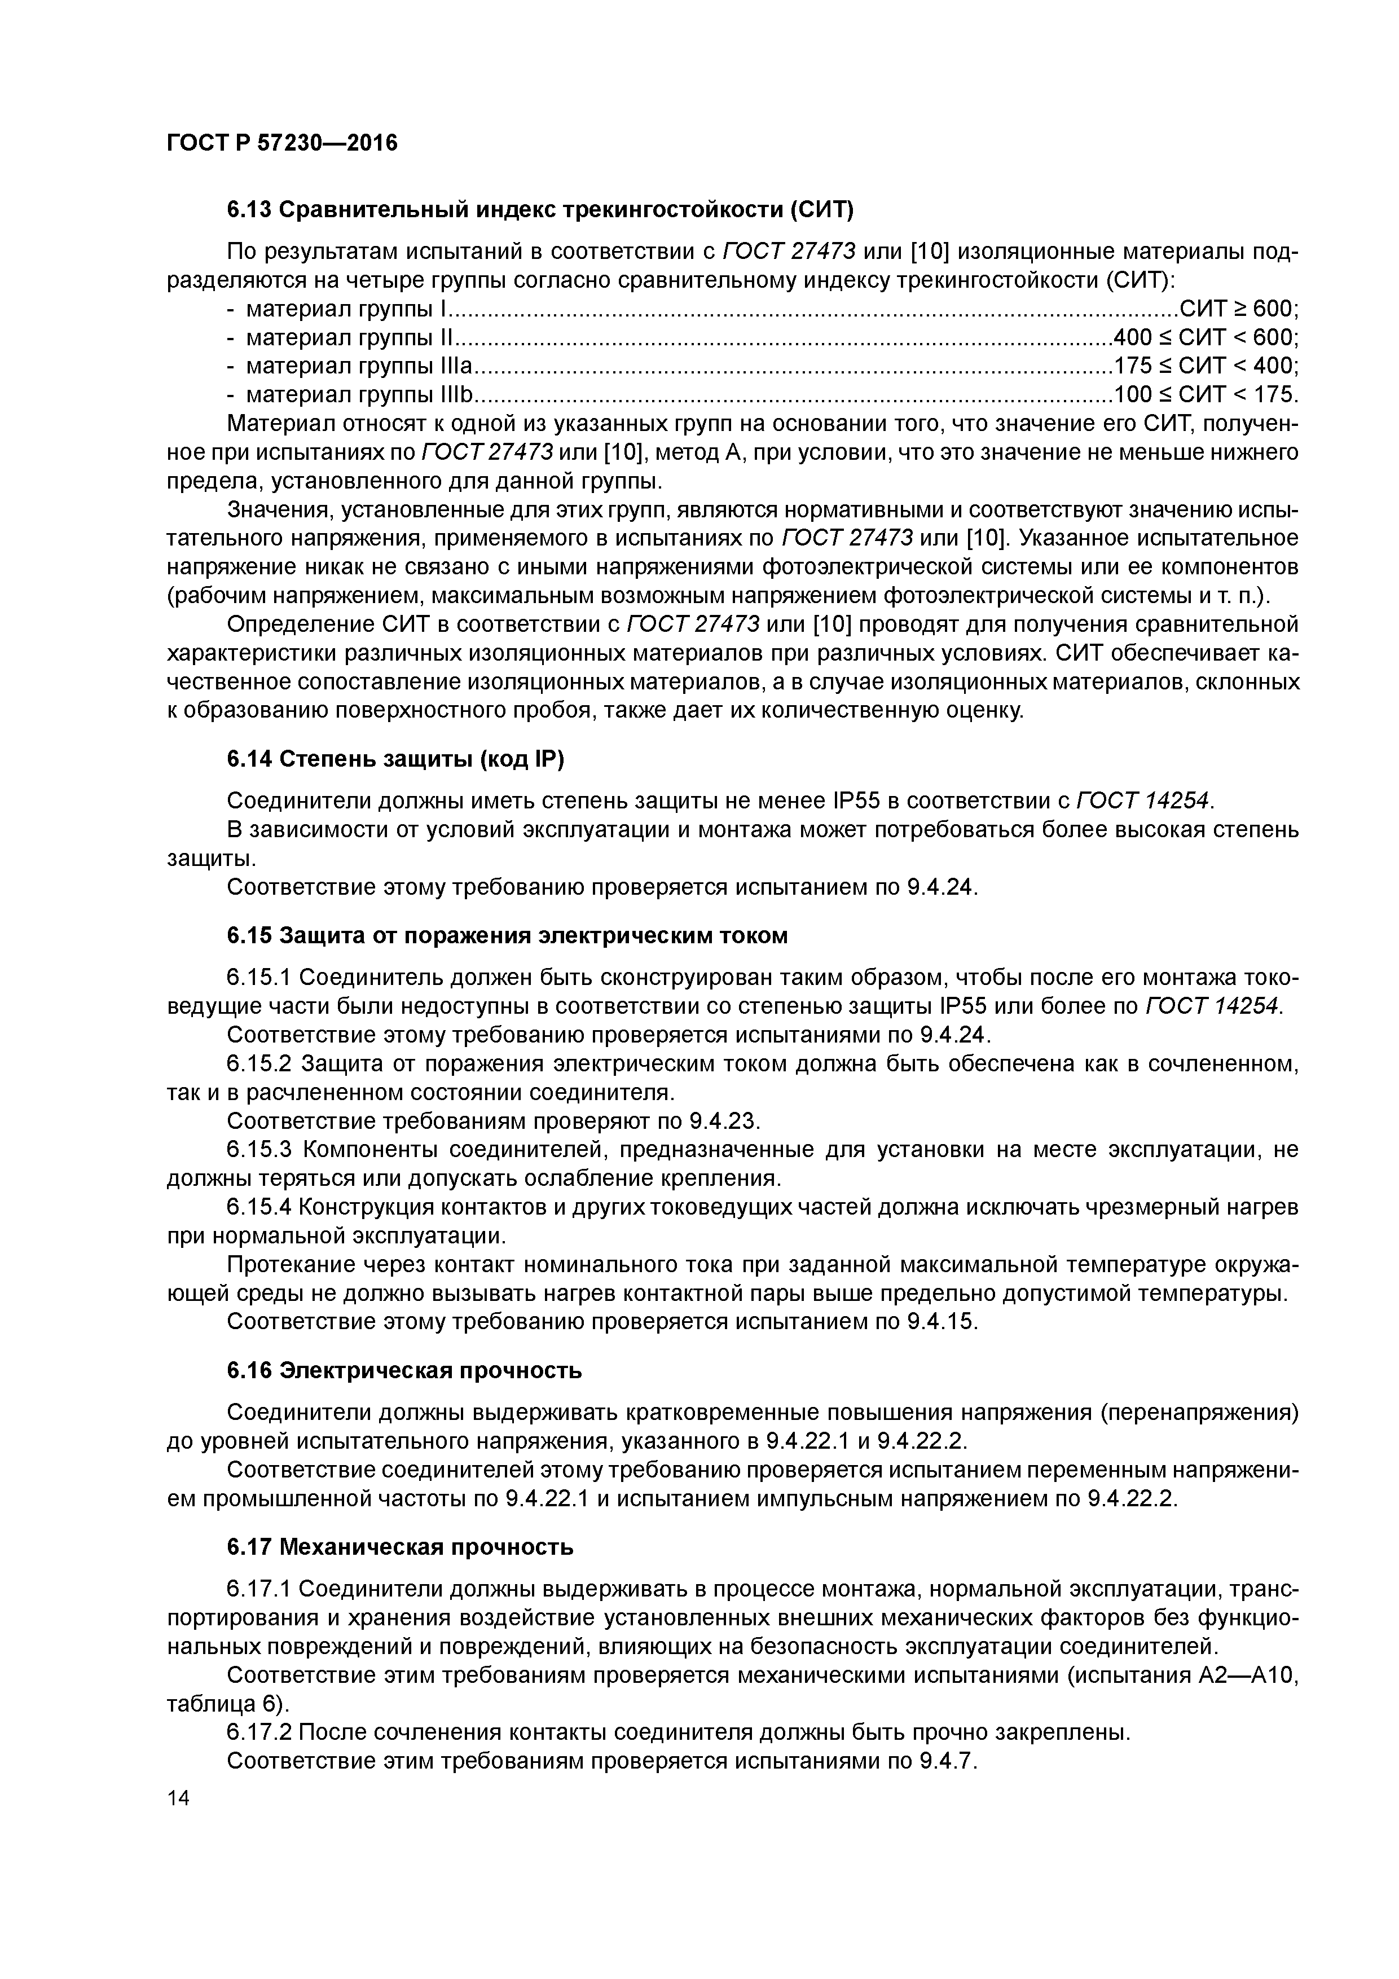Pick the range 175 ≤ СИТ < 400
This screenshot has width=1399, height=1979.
[1205, 366]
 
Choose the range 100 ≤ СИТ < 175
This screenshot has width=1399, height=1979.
[1205, 395]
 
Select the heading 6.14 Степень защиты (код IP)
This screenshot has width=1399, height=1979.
[395, 759]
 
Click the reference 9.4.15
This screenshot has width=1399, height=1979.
[942, 1321]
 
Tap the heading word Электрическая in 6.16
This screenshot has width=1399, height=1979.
[367, 1370]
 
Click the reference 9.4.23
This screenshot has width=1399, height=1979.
[725, 1120]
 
